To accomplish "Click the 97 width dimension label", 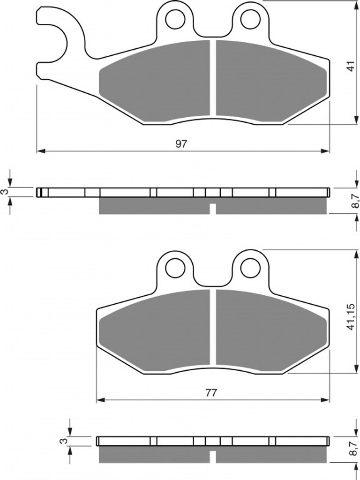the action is click(x=181, y=143).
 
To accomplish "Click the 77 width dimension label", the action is click(x=211, y=393).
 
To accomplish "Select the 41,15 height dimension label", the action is click(x=351, y=317).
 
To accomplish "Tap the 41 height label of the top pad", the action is click(x=351, y=66).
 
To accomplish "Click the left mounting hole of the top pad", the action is click(x=175, y=19).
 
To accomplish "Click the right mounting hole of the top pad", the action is click(x=250, y=19).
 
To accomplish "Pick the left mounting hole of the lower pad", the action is click(x=175, y=268).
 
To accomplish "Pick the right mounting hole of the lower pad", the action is click(x=250, y=268).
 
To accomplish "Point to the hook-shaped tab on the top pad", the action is click(x=60, y=34).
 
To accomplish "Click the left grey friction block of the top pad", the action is click(x=155, y=81).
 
